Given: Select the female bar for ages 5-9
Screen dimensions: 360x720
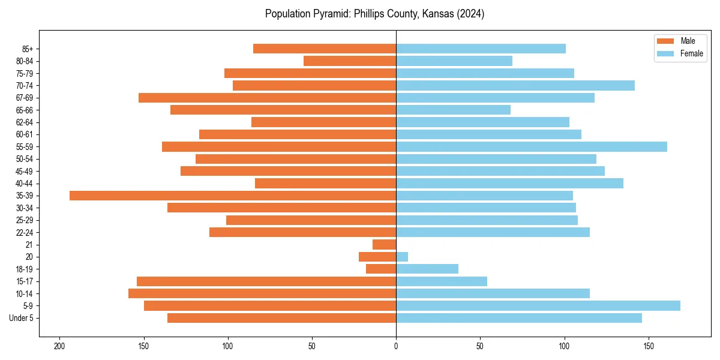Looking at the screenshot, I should click(538, 306).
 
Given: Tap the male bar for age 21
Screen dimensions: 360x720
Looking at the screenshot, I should click(385, 245).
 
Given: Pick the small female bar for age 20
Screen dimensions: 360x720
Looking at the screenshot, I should click(402, 257).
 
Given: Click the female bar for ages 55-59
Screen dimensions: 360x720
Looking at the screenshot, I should click(531, 146).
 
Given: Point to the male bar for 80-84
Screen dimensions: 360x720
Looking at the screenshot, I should click(350, 61).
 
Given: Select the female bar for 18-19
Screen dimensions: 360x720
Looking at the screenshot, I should click(427, 269).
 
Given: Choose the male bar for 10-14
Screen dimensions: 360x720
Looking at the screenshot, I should click(262, 293).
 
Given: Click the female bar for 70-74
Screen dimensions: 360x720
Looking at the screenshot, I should click(515, 86).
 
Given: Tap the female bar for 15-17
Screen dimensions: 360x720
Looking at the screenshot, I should click(442, 281).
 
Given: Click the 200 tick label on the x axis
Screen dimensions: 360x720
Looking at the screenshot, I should click(59, 346).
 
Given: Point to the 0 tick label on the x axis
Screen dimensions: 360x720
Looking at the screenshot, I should click(396, 346).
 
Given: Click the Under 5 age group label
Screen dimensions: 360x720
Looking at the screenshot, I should click(21, 318).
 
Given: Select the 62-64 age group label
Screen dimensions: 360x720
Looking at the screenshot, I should click(25, 122).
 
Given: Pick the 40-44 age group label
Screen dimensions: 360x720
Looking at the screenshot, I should click(25, 184).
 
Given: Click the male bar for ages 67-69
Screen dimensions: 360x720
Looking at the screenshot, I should click(267, 98).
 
